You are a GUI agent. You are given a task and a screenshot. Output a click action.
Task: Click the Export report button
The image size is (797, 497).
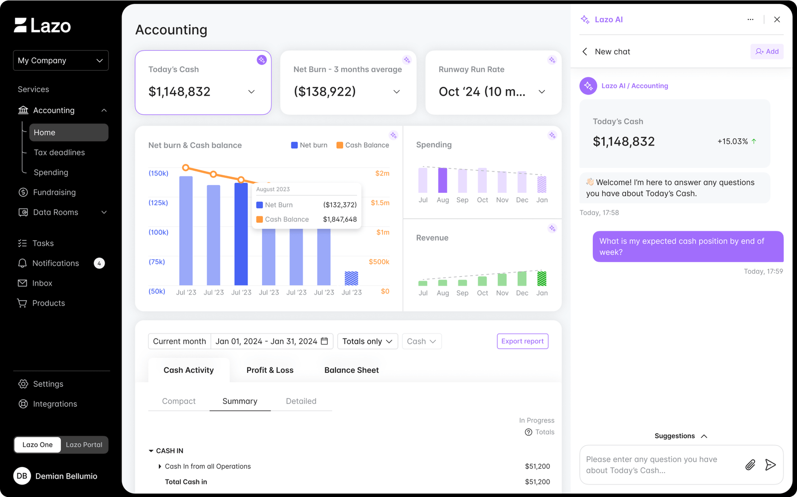click(523, 341)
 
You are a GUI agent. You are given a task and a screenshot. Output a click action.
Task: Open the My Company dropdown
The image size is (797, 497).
click(61, 60)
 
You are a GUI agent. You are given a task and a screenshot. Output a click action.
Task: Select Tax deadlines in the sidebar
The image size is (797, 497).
click(59, 153)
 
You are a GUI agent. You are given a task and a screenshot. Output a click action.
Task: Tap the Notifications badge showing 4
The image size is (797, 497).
click(99, 263)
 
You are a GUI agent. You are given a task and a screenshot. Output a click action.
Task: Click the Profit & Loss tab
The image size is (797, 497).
click(270, 370)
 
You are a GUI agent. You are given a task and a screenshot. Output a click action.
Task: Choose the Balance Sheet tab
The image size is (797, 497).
click(352, 370)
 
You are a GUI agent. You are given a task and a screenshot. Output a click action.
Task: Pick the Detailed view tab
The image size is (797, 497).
click(301, 401)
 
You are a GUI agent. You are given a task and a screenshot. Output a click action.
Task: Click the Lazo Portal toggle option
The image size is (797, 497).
click(84, 445)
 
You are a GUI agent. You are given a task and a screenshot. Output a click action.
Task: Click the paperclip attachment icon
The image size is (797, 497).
click(750, 465)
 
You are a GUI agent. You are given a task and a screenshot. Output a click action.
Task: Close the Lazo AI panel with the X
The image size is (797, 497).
click(777, 19)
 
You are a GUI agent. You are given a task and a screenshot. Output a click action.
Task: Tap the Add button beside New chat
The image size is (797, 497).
click(767, 52)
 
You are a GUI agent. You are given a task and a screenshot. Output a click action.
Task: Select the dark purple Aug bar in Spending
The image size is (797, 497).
click(443, 180)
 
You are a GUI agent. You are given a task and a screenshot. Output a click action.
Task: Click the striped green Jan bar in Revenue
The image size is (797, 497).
click(541, 278)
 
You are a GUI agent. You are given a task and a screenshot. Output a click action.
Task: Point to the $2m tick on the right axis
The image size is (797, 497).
click(382, 173)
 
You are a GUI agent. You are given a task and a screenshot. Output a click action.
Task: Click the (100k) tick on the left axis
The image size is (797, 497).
click(158, 232)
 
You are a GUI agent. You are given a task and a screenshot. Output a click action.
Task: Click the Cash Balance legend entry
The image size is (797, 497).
click(363, 145)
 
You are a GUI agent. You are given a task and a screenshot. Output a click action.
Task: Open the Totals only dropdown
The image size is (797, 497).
click(368, 341)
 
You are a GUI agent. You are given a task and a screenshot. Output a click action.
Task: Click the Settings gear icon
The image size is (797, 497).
click(23, 384)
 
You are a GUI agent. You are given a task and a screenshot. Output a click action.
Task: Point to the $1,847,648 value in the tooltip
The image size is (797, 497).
click(340, 219)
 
